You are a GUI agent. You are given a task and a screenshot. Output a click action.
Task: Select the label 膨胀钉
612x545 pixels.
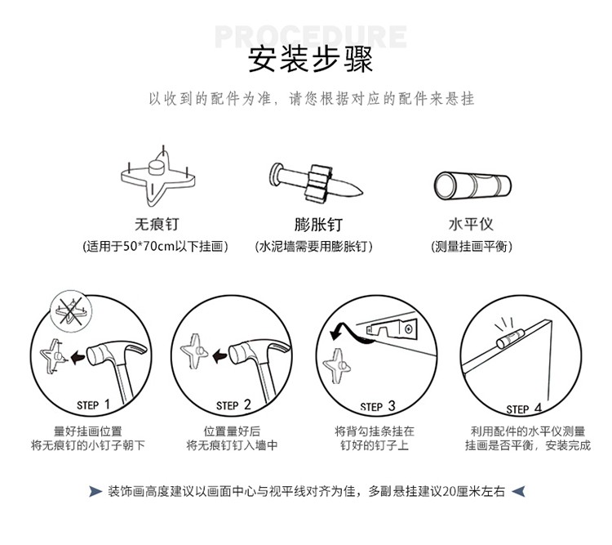[313, 224]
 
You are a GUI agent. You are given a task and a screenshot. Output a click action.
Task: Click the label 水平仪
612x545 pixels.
[471, 224]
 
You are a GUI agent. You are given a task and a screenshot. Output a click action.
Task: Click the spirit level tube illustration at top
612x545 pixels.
[471, 185]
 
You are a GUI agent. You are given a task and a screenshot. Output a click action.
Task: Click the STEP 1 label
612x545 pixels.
[93, 404]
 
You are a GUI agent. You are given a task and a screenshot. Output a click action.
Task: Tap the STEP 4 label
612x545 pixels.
[523, 408]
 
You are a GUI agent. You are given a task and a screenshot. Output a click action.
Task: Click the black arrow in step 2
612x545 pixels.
[219, 355]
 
